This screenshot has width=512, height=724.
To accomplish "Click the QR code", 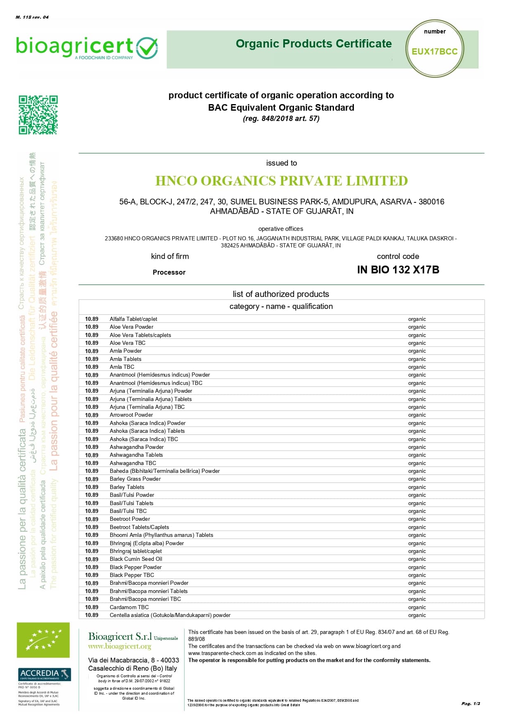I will coord(38,115).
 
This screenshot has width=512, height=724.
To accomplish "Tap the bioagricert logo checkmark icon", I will coord(147,48).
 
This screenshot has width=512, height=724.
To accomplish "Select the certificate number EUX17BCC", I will coord(434,52).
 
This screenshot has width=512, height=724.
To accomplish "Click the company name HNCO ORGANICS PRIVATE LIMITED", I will coord(281,181).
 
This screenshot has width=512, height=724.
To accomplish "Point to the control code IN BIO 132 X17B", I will coord(398,270).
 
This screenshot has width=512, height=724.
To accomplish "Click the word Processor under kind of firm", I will coord(169,272).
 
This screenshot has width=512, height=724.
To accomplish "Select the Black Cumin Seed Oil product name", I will coord(136,559).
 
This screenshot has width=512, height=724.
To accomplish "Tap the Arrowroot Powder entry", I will coord(131,415).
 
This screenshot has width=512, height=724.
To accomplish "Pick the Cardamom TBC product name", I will coord(129,607).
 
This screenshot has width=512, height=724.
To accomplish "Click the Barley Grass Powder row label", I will coord(135,479).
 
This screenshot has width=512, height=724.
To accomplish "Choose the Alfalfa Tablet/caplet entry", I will coord(133,319).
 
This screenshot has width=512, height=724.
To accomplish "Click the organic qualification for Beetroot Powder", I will coord(417,519).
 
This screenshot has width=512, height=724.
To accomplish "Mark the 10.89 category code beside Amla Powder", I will coord(92,351).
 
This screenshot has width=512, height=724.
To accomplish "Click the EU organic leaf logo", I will coord(43,640).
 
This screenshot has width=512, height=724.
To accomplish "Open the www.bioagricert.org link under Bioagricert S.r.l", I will coord(119,646).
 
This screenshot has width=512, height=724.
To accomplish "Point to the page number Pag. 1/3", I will coord(471,703).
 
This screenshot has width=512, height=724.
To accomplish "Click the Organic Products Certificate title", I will coord(313,44).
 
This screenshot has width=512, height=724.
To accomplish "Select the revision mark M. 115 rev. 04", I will coord(32,17).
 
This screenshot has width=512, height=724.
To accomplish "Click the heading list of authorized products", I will coord(281,294).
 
